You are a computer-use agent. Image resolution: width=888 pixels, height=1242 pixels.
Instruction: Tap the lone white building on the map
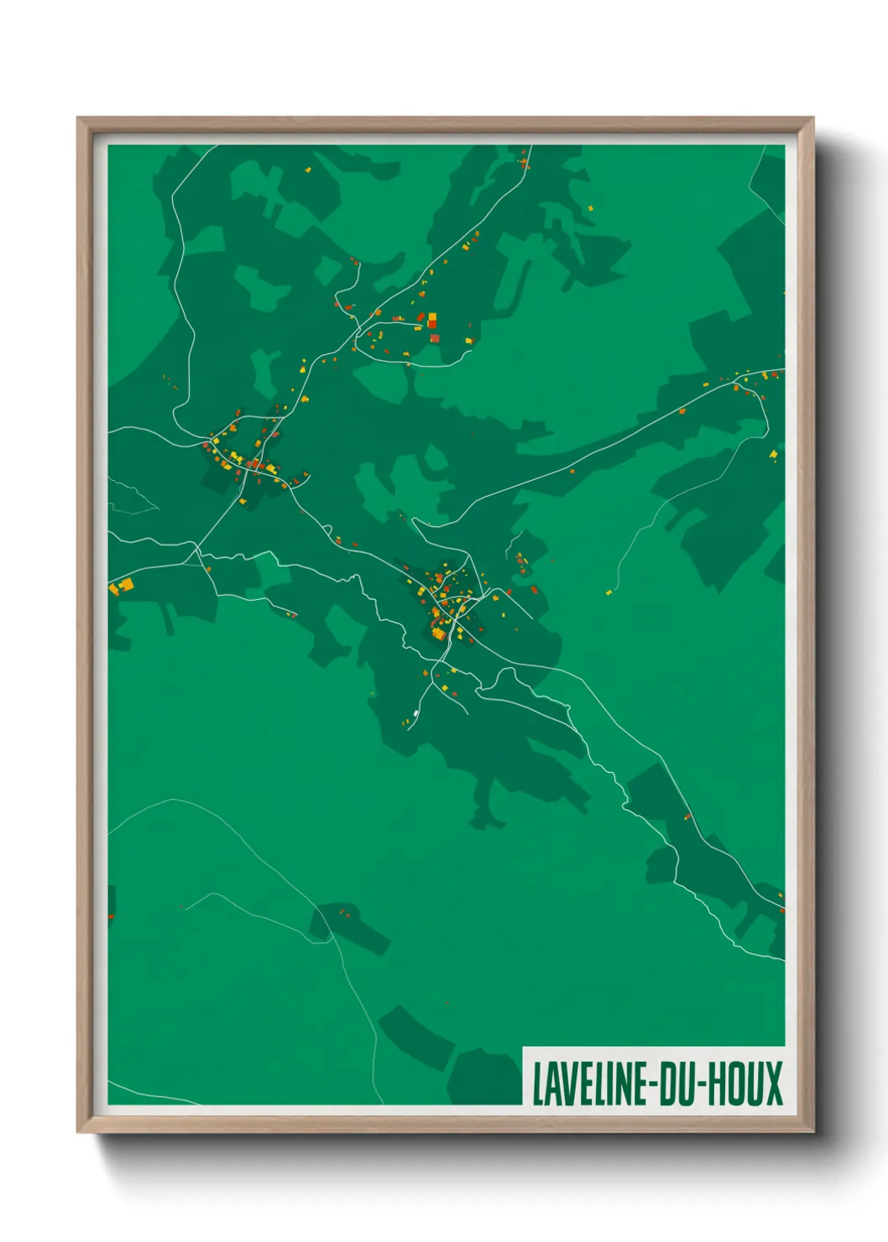[x=415, y=713]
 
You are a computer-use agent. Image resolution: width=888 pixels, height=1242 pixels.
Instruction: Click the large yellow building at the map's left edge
[x=126, y=584]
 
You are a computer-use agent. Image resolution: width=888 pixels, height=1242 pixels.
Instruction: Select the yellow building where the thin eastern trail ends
[x=609, y=592]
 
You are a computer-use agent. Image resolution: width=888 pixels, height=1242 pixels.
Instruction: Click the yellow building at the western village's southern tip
[x=243, y=502]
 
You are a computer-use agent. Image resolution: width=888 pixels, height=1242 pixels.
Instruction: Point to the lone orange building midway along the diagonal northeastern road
[x=682, y=410]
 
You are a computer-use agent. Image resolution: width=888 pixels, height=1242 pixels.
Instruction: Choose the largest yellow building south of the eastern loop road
[x=774, y=455]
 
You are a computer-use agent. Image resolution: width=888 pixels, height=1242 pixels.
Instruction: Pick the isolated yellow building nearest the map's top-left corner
[x=308, y=170]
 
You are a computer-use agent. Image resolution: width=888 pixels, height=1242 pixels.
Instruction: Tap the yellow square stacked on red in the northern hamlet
[x=432, y=316]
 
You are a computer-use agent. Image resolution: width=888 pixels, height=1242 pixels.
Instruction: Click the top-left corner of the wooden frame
[x=79, y=119]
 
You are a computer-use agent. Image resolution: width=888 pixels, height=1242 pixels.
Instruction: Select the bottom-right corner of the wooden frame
[x=812, y=1131]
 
